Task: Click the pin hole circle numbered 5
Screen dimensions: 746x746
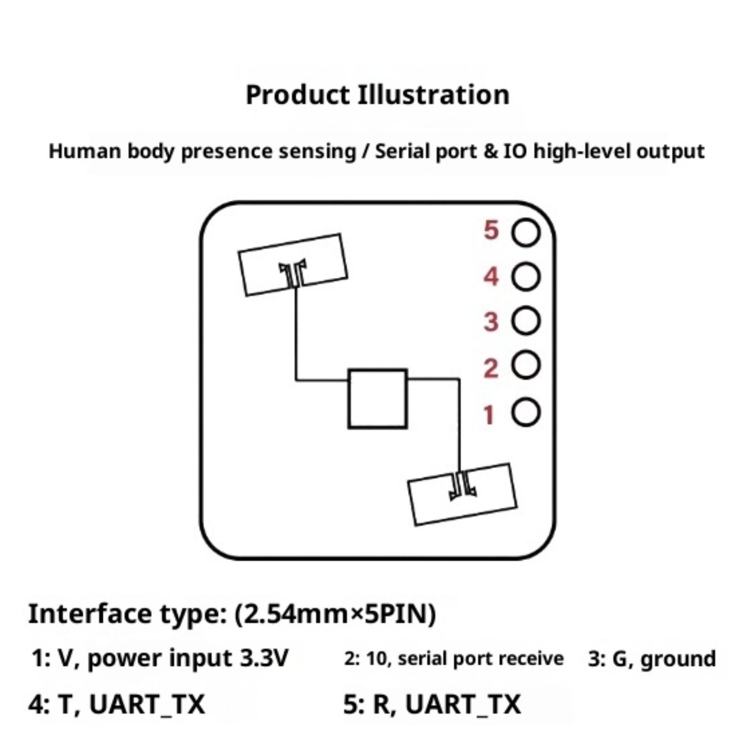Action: [x=525, y=232]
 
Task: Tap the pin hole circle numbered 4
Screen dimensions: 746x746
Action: [x=525, y=277]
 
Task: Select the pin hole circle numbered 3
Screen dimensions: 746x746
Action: [x=525, y=321]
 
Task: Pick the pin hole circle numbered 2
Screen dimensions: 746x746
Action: [x=525, y=365]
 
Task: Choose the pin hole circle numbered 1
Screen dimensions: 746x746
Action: [x=525, y=412]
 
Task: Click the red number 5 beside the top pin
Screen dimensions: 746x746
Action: [x=491, y=230]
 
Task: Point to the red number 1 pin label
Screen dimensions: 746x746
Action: [x=489, y=415]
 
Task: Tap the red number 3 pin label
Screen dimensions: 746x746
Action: [x=491, y=322]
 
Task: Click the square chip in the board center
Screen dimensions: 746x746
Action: [x=378, y=399]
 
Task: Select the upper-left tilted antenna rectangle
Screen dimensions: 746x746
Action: [x=293, y=264]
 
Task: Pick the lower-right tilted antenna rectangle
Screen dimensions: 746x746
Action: [x=463, y=494]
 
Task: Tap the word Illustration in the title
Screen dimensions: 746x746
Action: [x=434, y=95]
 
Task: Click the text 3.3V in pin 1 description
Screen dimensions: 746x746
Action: [x=264, y=658]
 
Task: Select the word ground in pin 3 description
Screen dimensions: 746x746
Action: [x=678, y=659]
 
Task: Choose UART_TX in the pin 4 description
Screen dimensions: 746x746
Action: [x=146, y=704]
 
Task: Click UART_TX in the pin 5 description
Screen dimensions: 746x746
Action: [x=463, y=704]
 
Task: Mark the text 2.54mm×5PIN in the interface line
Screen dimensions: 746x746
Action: [x=334, y=614]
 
